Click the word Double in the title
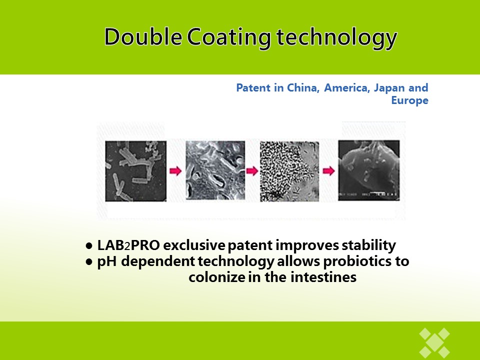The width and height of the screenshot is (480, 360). pyautogui.click(x=143, y=36)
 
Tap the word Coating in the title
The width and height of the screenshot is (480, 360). pyautogui.click(x=229, y=38)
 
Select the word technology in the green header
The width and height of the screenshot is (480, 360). pyautogui.click(x=336, y=38)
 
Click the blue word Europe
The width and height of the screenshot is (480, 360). pyautogui.click(x=410, y=100)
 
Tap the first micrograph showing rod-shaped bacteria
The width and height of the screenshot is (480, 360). pyautogui.click(x=136, y=171)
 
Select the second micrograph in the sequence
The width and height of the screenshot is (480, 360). pyautogui.click(x=215, y=170)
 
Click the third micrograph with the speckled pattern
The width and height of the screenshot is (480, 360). pyautogui.click(x=289, y=171)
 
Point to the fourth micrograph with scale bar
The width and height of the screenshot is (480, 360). pyautogui.click(x=369, y=170)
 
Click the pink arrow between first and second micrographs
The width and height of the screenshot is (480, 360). pyautogui.click(x=175, y=171)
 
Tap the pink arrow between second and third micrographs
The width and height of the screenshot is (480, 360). pyautogui.click(x=252, y=171)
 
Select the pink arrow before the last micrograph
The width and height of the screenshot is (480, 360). pyautogui.click(x=328, y=171)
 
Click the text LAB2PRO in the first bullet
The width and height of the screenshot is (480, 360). pyautogui.click(x=128, y=245)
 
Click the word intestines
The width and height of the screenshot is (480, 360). pyautogui.click(x=323, y=277)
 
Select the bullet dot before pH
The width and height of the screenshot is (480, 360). pyautogui.click(x=89, y=262)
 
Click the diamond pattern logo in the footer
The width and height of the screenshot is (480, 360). pyautogui.click(x=434, y=342)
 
